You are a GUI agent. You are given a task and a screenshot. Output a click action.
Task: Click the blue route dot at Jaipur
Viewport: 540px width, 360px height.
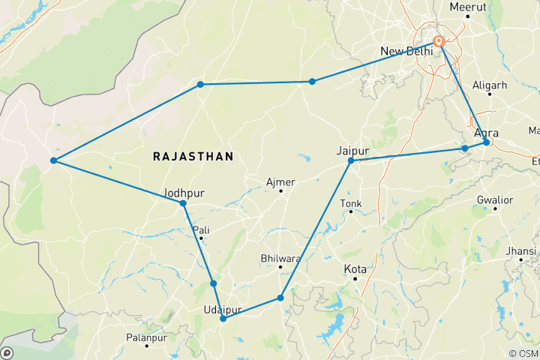pos(350,160)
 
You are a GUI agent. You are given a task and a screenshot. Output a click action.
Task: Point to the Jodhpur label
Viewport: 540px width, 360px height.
pos(184,192)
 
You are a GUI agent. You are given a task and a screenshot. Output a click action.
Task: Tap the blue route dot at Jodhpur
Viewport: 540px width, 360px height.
pos(183,203)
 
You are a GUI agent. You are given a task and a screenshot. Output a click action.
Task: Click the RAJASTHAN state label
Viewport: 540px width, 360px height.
pos(193,156)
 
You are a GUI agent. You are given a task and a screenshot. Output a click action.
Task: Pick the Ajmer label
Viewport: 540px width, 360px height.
pos(281,181)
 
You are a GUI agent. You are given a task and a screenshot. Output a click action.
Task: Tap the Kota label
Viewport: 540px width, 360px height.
pos(355,268)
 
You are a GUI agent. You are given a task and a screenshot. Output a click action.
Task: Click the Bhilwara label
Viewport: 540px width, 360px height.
pos(280,258)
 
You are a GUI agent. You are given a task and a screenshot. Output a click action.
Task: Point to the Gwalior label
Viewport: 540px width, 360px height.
pos(494,199)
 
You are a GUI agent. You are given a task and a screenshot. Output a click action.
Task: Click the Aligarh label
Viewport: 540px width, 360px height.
pos(491,85)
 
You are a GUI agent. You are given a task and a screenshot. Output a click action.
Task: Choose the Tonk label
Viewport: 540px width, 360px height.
pos(350,203)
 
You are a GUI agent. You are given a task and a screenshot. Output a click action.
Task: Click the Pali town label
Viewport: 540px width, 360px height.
pos(201,229)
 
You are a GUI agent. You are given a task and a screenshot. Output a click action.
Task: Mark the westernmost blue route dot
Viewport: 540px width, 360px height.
pos(53,160)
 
